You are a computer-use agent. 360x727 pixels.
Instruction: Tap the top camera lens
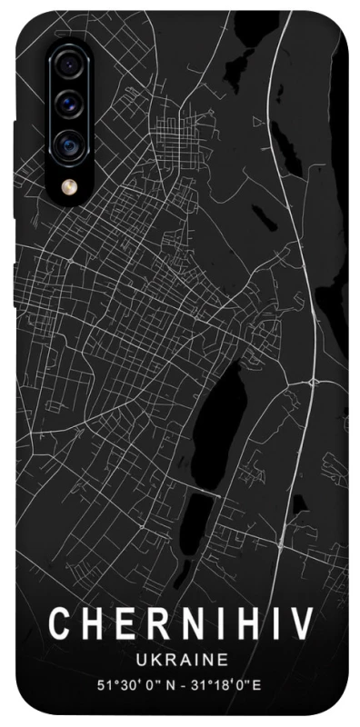tap(67, 64)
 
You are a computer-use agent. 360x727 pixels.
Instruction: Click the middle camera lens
tap(67, 103)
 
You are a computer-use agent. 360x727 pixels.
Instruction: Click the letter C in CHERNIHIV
tap(60, 626)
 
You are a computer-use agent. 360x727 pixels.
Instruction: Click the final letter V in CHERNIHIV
tap(302, 626)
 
